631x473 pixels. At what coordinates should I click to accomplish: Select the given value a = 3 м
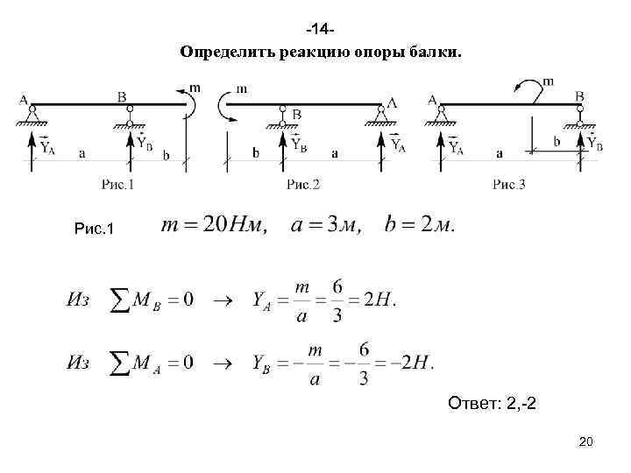click(325, 225)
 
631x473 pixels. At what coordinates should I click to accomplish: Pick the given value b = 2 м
click(420, 225)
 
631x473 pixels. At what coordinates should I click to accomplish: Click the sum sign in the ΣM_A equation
click(120, 363)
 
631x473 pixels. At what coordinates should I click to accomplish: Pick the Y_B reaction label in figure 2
click(297, 143)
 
